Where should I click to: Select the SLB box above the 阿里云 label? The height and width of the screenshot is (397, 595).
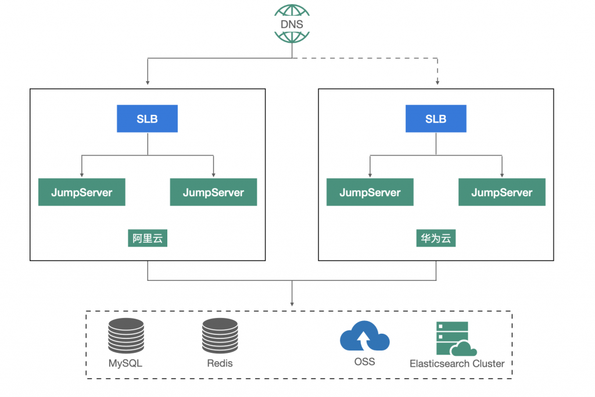coord(148,119)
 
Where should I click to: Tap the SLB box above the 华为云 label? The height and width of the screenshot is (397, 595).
coord(436,119)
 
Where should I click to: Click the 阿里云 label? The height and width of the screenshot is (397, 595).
coord(148,239)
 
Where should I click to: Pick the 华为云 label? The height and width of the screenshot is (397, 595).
coord(436,239)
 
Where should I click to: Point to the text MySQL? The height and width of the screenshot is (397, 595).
coord(126,364)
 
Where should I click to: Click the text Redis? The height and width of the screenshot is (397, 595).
coord(220,364)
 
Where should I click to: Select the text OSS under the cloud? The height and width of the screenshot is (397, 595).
coord(364,362)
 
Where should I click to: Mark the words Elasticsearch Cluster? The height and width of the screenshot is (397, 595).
coord(457,364)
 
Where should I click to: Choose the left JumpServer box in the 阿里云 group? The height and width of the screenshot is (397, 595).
coord(82,193)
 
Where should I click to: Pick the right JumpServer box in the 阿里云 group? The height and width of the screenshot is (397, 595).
coord(213,193)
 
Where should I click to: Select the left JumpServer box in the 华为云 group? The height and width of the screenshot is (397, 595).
coord(370,193)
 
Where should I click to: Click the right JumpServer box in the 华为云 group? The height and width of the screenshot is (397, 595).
coord(502,193)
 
